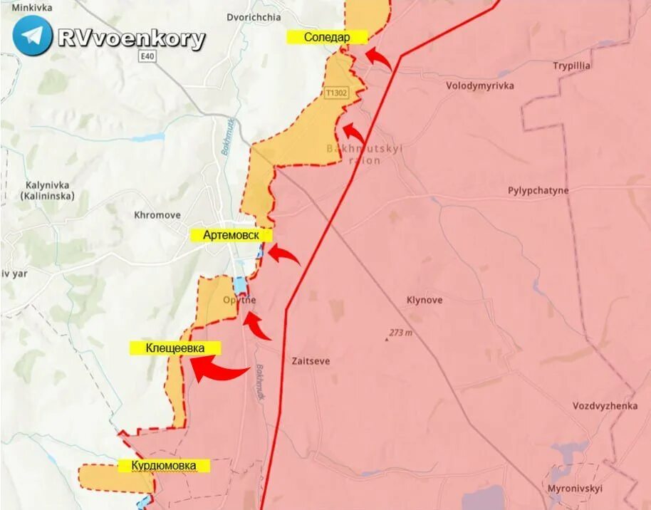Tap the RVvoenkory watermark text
pos(132,38)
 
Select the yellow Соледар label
pos(327,37)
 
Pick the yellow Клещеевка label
pos(175,348)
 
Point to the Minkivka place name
pos(27,8)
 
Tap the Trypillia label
pos(571,66)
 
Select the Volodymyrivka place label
pos(479,85)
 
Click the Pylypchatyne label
pos(538,190)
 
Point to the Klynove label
pos(424,300)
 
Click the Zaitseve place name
pos(311,361)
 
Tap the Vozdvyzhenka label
pos(605,406)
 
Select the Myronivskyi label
pos(574,489)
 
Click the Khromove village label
pos(157,214)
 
